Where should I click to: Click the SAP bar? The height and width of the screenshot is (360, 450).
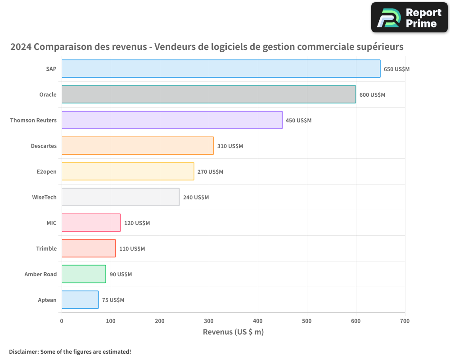pyautogui.click(x=220, y=69)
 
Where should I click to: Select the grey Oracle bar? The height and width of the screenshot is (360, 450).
pyautogui.click(x=208, y=94)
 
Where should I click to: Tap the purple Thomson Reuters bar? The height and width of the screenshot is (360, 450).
pyautogui.click(x=171, y=120)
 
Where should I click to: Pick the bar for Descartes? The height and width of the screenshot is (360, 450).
pyautogui.click(x=137, y=146)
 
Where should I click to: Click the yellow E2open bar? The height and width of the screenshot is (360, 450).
pyautogui.click(x=127, y=171)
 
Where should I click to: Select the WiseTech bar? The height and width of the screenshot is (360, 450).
pyautogui.click(x=120, y=197)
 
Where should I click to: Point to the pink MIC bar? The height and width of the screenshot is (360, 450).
pyautogui.click(x=91, y=223)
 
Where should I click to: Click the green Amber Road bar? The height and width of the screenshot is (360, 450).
pyautogui.click(x=84, y=274)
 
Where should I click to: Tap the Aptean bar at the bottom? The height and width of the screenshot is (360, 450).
pyautogui.click(x=80, y=300)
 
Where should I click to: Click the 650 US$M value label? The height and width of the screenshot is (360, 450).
pyautogui.click(x=396, y=69)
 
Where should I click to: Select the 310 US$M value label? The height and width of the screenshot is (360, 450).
pyautogui.click(x=230, y=146)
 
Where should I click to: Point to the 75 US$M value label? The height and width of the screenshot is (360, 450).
pyautogui.click(x=113, y=300)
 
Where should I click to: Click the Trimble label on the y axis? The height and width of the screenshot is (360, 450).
pyautogui.click(x=46, y=248)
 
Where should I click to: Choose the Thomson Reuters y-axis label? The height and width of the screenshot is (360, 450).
pyautogui.click(x=33, y=120)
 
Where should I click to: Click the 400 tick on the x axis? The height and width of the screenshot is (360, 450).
pyautogui.click(x=258, y=321)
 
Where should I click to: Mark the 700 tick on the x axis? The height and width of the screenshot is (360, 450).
pyautogui.click(x=405, y=321)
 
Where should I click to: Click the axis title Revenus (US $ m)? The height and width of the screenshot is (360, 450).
pyautogui.click(x=233, y=332)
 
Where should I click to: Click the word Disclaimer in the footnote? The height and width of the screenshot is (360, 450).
pyautogui.click(x=23, y=352)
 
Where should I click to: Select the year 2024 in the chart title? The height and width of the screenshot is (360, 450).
pyautogui.click(x=21, y=47)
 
